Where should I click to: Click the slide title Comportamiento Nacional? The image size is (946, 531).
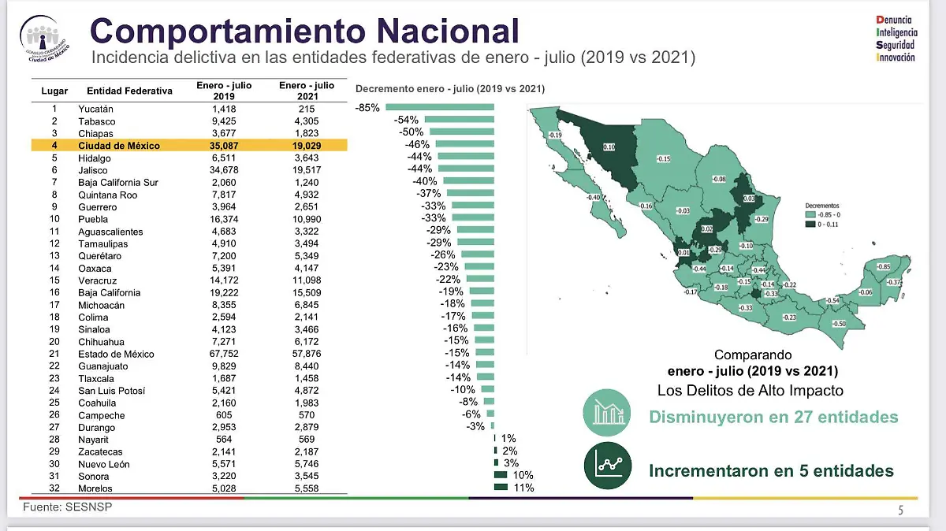click(304, 31)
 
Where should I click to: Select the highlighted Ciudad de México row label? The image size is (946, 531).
click(118, 146)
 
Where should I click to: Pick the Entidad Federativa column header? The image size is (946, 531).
click(129, 91)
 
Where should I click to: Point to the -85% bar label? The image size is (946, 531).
click(367, 108)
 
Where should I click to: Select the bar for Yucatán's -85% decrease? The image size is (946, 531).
click(440, 108)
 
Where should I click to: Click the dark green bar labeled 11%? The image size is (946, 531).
click(501, 488)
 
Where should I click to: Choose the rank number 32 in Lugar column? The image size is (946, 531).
click(54, 488)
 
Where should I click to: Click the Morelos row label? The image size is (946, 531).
click(96, 488)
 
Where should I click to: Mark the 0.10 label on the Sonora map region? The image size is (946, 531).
click(609, 147)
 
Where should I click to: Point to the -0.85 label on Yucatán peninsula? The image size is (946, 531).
click(884, 266)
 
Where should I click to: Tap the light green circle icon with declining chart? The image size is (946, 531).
click(606, 414)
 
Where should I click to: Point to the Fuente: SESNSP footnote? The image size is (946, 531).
click(66, 507)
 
